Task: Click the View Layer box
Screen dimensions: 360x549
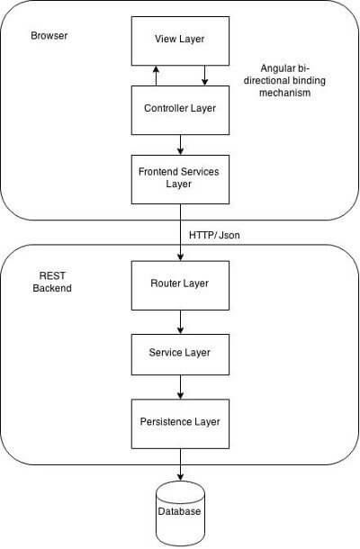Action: pos(180,40)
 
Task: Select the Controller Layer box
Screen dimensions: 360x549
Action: pos(180,111)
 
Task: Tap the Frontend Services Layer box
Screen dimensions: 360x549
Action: pos(180,180)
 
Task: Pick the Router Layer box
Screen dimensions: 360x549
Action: pos(180,285)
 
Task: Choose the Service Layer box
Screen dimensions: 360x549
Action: pos(180,355)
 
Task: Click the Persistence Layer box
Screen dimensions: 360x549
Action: pos(180,424)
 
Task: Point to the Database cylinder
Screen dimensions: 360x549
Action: pos(180,513)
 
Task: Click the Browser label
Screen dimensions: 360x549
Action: pos(49,36)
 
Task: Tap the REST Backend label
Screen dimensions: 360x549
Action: pos(52,282)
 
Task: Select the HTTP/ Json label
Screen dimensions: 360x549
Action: pos(214,235)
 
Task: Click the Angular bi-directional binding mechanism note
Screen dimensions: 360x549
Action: pos(284,80)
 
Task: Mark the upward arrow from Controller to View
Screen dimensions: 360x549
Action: pos(157,76)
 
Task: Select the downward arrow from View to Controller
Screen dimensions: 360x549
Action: pos(205,76)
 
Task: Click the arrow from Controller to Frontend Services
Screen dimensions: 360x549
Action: pos(180,145)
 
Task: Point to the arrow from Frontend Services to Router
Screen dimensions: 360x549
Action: pos(180,232)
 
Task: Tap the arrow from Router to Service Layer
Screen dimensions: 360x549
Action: pos(180,322)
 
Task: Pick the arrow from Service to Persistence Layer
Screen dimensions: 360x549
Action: pos(180,387)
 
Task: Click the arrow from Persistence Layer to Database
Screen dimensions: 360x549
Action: pos(180,464)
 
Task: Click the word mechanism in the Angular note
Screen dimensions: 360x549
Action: pos(284,93)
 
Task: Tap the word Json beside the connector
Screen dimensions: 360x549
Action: pos(229,235)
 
